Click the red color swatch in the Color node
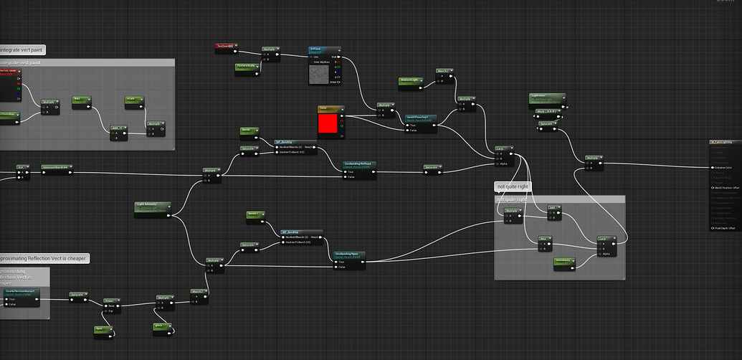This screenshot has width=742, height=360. (327, 123)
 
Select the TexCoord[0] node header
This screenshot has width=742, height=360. (226, 46)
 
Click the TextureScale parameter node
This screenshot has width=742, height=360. (247, 66)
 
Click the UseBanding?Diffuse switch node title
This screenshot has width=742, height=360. (358, 164)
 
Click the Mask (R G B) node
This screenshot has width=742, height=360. (546, 112)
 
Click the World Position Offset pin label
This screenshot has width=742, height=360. (724, 188)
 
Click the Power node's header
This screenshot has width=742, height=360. (110, 300)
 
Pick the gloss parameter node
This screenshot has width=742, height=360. (163, 326)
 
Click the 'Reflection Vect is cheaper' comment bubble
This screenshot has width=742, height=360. (44, 258)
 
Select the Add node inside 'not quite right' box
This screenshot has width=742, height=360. (553, 207)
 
